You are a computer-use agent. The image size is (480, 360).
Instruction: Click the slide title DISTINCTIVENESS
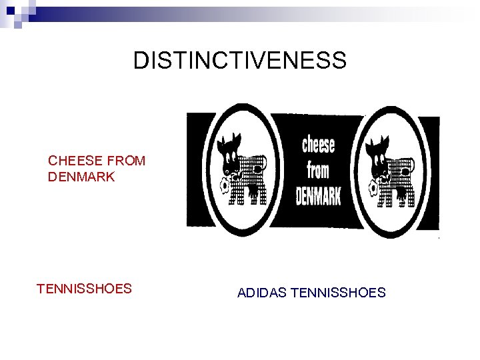coord(240,61)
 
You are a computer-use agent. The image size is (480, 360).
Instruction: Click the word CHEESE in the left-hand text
coord(75,161)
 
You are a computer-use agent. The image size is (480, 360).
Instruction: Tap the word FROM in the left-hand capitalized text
coord(126,161)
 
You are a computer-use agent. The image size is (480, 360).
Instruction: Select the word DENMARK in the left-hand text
coord(81,177)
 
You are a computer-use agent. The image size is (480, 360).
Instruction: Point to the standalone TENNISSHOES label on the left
coord(84,289)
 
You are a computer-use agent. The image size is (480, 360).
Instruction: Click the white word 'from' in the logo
coord(318,171)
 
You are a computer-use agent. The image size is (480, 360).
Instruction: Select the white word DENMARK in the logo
coord(318,197)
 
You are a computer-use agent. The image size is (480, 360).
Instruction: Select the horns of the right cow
coord(377,138)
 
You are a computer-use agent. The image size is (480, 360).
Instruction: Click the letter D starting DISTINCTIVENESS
coord(139,61)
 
